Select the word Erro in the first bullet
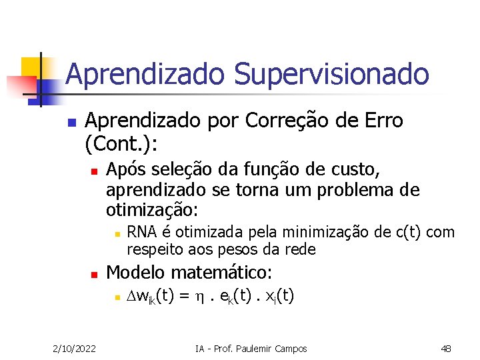[x=381, y=121]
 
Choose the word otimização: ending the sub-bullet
[x=152, y=210]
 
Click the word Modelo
[x=136, y=273]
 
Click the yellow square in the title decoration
[x=32, y=67]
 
